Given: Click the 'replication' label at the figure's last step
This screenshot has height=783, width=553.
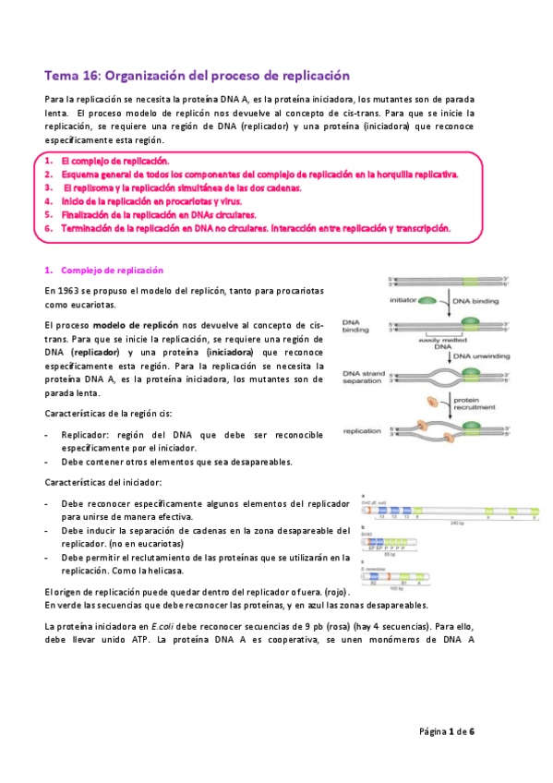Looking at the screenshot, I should [362, 431].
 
